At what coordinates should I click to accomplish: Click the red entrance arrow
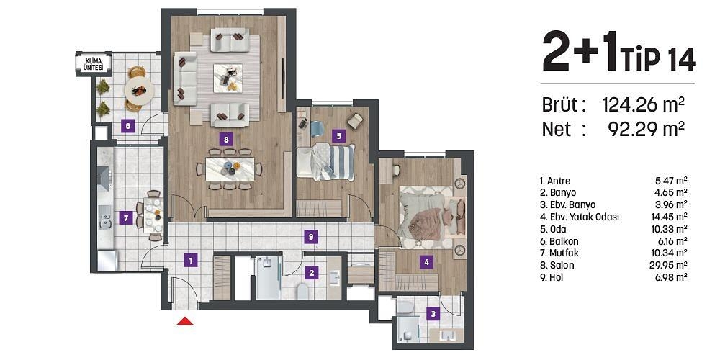(185, 322)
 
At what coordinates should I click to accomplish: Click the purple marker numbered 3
(432, 313)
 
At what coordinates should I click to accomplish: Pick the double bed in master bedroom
(425, 214)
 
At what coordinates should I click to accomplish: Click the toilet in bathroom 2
(303, 292)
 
